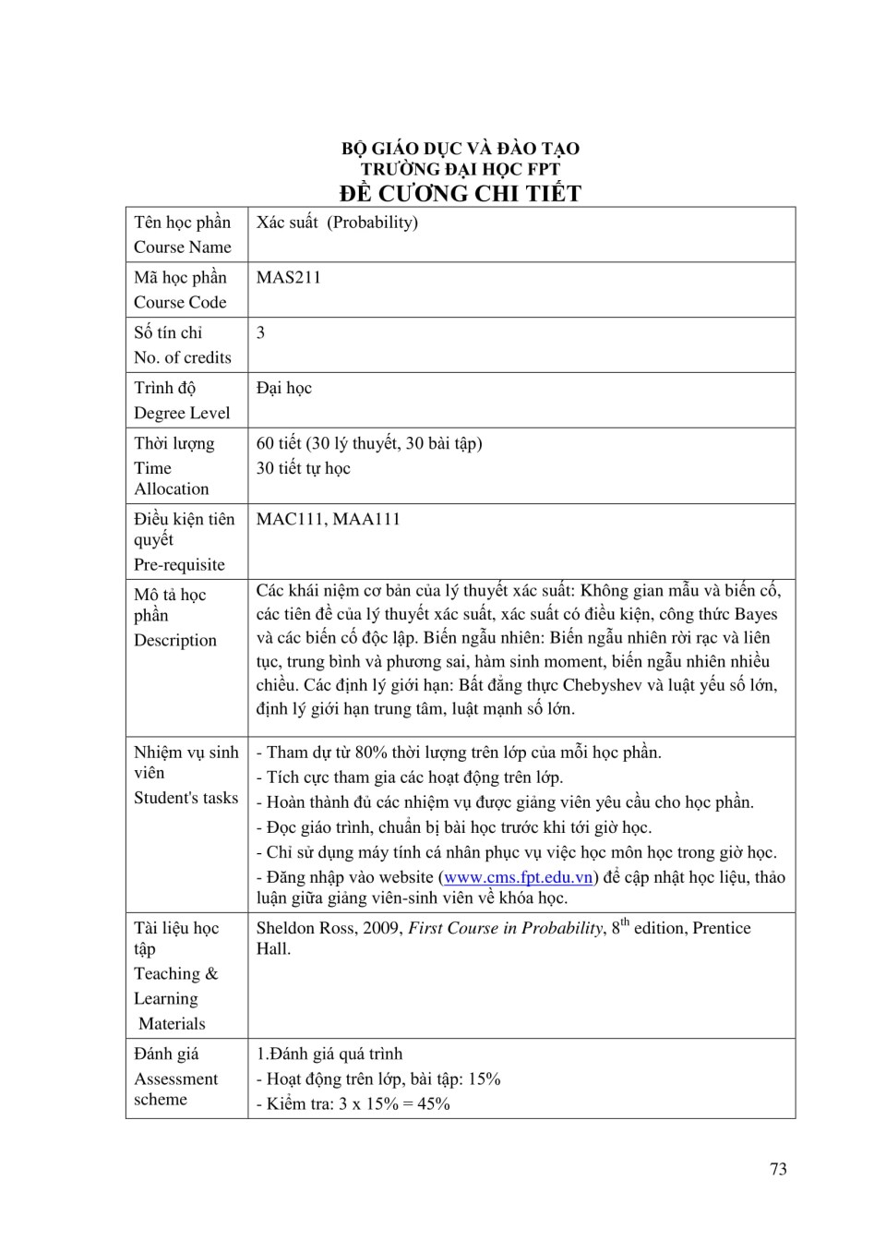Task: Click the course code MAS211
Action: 288,277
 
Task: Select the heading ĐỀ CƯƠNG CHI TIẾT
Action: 460,193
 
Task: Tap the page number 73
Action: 778,1169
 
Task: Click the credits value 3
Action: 261,332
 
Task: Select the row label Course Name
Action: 183,247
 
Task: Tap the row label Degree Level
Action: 182,413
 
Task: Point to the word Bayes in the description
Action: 756,614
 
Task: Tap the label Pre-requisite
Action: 179,564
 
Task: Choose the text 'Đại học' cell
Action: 284,388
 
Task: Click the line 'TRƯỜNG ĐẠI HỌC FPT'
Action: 460,169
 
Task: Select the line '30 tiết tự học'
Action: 303,468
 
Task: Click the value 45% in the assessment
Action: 433,1103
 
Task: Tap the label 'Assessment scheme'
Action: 175,1089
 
